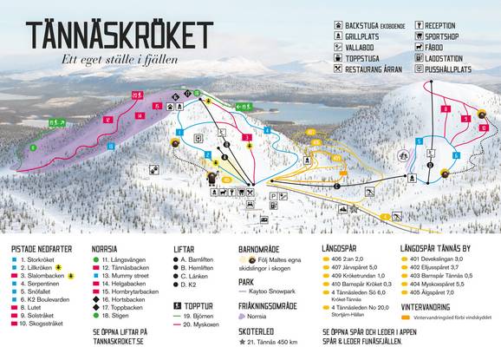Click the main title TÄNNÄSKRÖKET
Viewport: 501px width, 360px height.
[x=118, y=35]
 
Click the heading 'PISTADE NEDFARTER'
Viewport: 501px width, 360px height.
[x=43, y=247]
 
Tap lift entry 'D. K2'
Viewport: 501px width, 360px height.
[x=192, y=285]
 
